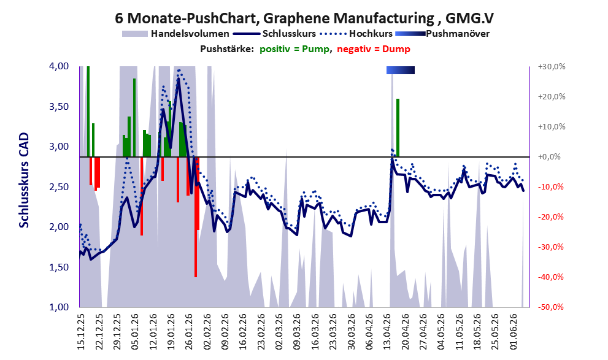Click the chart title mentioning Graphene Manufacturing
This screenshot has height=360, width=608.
click(304, 18)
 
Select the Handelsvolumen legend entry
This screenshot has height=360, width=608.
click(175, 34)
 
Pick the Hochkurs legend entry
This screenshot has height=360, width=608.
click(356, 34)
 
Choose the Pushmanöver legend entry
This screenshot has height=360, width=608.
click(442, 34)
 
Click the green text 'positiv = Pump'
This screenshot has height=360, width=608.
click(294, 49)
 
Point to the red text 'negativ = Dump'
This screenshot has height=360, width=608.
click(374, 49)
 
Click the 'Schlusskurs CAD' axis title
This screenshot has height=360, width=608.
click(24, 180)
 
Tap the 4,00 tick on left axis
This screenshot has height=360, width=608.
click(59, 66)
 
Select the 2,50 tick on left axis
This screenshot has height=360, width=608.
click(59, 187)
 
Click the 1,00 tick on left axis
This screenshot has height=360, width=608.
click(59, 307)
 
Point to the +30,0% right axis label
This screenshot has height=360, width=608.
click(552, 67)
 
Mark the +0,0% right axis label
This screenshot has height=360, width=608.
click(549, 157)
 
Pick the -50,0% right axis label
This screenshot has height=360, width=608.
click(550, 307)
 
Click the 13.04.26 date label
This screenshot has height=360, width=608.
click(387, 332)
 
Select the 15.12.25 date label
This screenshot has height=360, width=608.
click(81, 332)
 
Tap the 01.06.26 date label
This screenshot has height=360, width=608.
click(513, 332)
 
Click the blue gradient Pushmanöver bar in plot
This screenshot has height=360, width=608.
click(401, 70)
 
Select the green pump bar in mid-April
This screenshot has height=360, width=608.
click(398, 128)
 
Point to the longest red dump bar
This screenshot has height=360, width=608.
click(196, 217)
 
